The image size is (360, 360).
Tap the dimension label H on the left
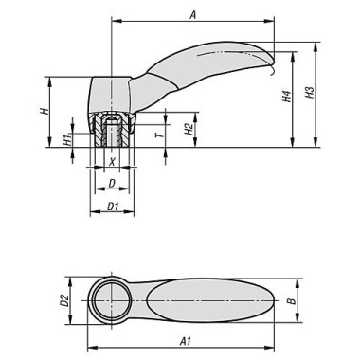click(44, 111)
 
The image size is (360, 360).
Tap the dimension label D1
click(112, 205)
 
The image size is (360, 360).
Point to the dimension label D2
click(65, 302)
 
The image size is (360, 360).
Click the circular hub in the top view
click(112, 302)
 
